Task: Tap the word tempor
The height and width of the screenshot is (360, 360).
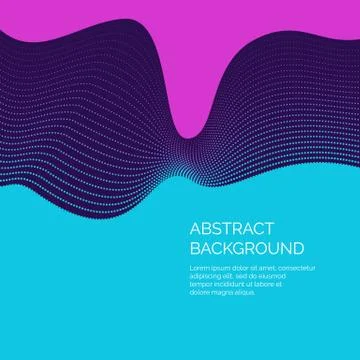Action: click(200, 284)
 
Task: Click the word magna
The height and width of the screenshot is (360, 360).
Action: click(223, 292)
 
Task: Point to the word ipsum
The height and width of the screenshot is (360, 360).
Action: click(219, 268)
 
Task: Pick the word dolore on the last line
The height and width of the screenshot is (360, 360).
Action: click(199, 292)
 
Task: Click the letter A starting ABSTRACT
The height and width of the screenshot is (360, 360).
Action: click(193, 227)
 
